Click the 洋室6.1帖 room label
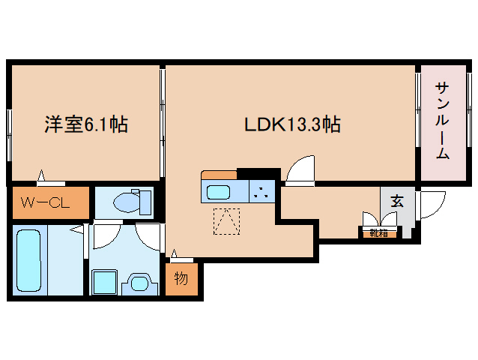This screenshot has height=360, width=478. pos(86,124)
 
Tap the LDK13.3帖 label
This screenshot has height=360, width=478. pos(292,124)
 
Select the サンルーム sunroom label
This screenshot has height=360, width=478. pos(442,121)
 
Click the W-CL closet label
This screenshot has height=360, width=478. pos(45,202)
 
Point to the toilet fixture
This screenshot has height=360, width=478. pos(132,201)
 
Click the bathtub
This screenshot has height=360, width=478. pos(28,261)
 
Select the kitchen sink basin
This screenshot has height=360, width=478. pos(218,192)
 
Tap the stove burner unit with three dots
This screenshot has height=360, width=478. pos(262,191)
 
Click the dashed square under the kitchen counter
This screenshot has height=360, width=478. pos(226,221)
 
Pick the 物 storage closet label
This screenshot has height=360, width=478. pos(181,278)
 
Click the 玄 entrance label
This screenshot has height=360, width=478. pos(397,201)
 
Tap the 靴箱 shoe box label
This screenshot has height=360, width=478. pos(378,233)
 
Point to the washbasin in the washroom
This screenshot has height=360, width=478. pos(140,283)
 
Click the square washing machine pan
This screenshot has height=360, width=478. pos(105,282)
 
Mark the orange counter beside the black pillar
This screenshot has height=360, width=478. pos(219,175)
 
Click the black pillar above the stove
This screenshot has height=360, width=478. pos(258,173)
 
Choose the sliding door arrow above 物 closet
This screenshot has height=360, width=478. pos(174,253)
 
